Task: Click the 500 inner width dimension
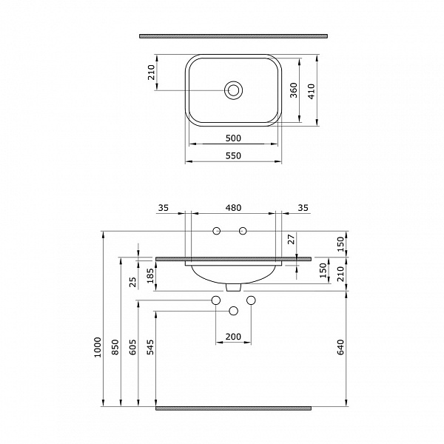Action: pos(233,138)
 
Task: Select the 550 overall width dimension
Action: pos(233,156)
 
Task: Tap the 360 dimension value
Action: pos(294,90)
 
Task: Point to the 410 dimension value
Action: pos(312,90)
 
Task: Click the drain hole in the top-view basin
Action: pos(234,90)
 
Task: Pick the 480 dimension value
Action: pos(234,208)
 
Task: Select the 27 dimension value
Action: pos(291,238)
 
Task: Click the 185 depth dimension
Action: pos(151,276)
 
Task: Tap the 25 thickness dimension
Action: pos(133,281)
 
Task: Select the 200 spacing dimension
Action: pos(233,337)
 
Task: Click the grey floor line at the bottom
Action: pos(233,407)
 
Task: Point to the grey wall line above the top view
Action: pos(233,34)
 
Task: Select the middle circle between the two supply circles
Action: pos(234,310)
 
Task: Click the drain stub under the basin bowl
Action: pos(234,286)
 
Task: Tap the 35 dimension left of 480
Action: pos(164,208)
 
